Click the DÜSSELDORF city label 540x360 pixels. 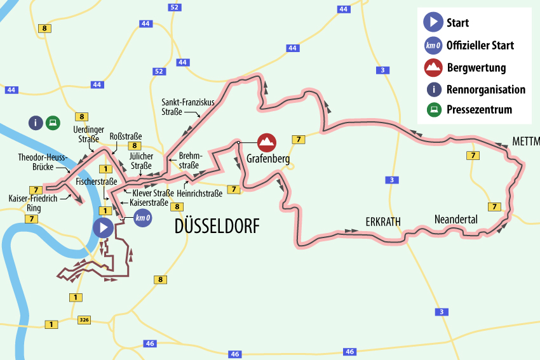(217, 226)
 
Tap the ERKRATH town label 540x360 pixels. (384, 222)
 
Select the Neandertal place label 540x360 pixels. (456, 219)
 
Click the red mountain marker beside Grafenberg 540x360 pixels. (267, 141)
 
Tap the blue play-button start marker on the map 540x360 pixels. (103, 227)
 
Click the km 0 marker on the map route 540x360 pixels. (143, 219)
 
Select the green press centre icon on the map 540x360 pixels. (53, 123)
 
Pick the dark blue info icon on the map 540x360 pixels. (36, 123)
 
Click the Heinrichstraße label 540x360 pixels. (199, 193)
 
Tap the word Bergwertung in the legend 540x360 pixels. (476, 67)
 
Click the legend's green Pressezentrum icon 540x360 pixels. (433, 110)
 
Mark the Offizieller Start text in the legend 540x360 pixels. (480, 45)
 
